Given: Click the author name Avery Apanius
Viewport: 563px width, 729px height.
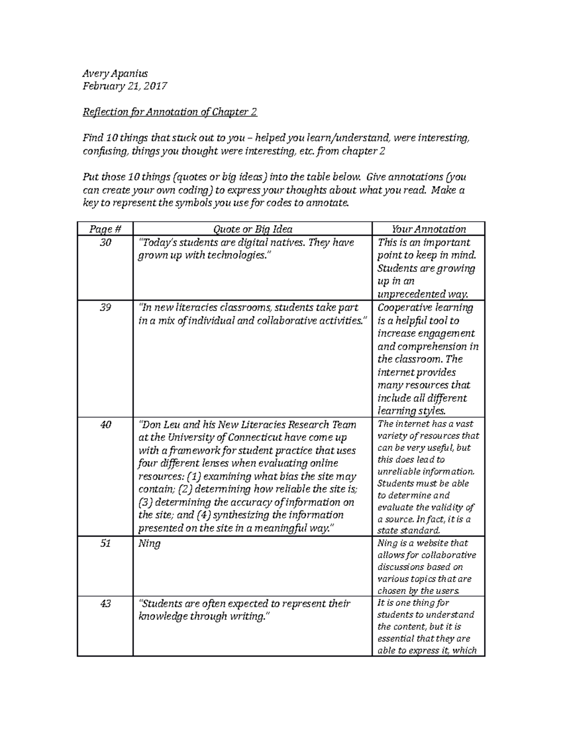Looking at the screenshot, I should pos(115,73).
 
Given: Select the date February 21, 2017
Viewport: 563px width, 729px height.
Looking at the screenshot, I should pos(125,86).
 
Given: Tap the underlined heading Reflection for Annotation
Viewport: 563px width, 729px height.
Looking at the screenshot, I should pos(170,112).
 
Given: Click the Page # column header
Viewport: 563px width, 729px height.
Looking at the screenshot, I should pos(105,229).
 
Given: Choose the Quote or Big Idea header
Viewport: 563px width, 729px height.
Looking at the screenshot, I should pos(252,229).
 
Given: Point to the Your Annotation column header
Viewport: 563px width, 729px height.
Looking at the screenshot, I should pos(428,229).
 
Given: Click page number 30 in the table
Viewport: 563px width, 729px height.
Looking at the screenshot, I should pos(105,243).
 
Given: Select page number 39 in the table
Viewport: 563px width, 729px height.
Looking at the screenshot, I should pos(105,308).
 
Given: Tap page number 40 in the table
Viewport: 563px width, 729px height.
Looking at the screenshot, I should pos(105,425).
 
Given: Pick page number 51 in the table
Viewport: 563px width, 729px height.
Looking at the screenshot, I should pos(105,544).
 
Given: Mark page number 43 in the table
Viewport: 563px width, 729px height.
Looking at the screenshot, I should pos(105,604).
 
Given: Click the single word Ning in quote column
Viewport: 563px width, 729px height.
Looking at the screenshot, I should pos(149,544).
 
